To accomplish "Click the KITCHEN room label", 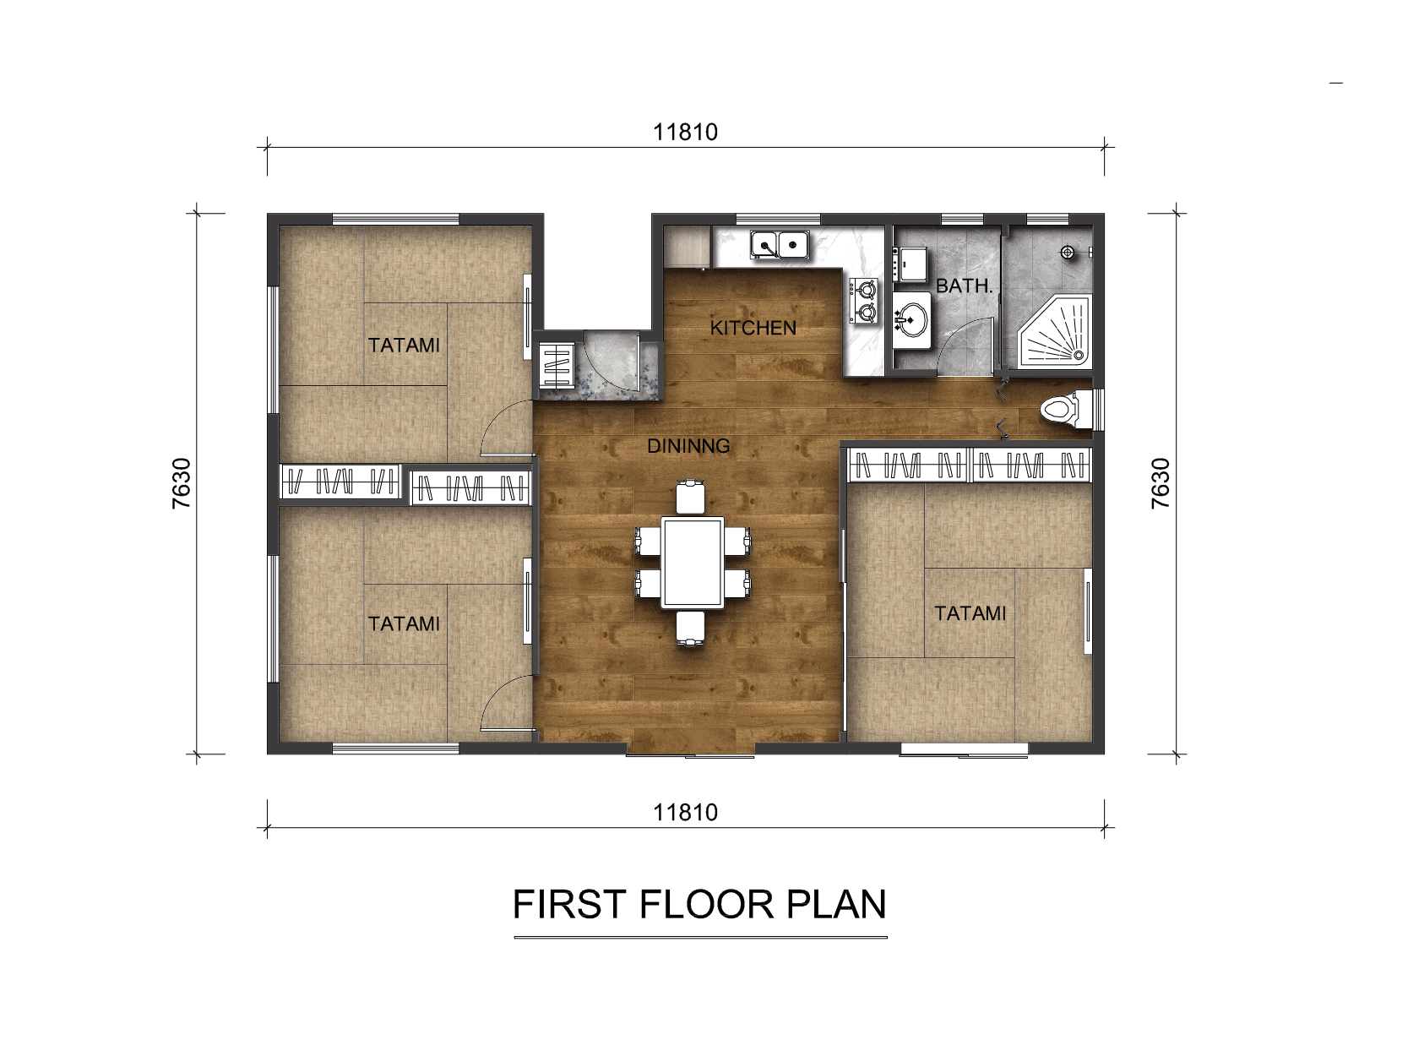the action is click(753, 328).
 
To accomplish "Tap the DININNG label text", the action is click(688, 446).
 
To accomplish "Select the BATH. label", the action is click(964, 286).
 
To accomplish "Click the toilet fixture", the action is click(1066, 409).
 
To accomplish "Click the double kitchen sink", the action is click(780, 244).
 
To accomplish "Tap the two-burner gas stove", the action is click(863, 300).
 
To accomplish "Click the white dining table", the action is click(693, 563).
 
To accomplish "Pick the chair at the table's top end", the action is click(691, 496).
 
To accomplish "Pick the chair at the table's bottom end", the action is click(691, 629).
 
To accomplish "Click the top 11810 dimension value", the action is click(685, 132).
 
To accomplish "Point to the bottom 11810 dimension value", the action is click(685, 813).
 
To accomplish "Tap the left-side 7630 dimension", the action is click(182, 483).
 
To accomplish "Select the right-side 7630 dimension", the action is click(1161, 483).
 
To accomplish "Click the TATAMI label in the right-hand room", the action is click(970, 613).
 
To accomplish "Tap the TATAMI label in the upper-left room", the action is click(404, 346).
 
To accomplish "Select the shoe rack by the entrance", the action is click(557, 366).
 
